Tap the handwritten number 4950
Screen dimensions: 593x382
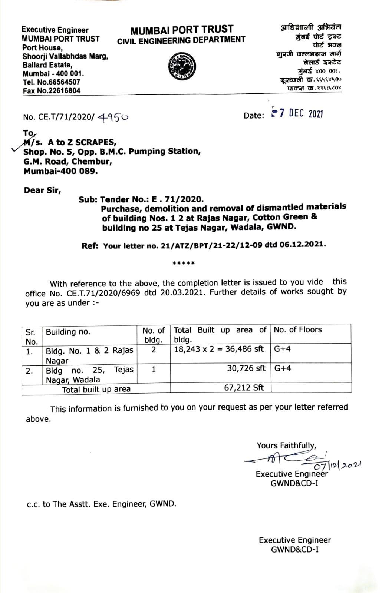pyautogui.click(x=113, y=117)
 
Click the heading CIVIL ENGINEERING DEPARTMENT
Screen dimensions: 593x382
pyautogui.click(x=181, y=40)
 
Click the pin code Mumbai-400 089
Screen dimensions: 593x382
pyautogui.click(x=61, y=171)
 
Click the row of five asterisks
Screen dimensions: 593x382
pyautogui.click(x=184, y=264)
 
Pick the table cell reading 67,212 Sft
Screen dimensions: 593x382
pyautogui.click(x=244, y=388)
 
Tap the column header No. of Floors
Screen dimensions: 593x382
pyautogui.click(x=298, y=330)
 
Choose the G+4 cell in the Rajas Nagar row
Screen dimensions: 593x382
pyautogui.click(x=282, y=349)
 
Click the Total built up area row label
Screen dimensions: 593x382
pyautogui.click(x=96, y=389)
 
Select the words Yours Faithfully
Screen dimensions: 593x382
pyautogui.click(x=286, y=445)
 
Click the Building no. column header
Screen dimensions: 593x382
pyautogui.click(x=68, y=332)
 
